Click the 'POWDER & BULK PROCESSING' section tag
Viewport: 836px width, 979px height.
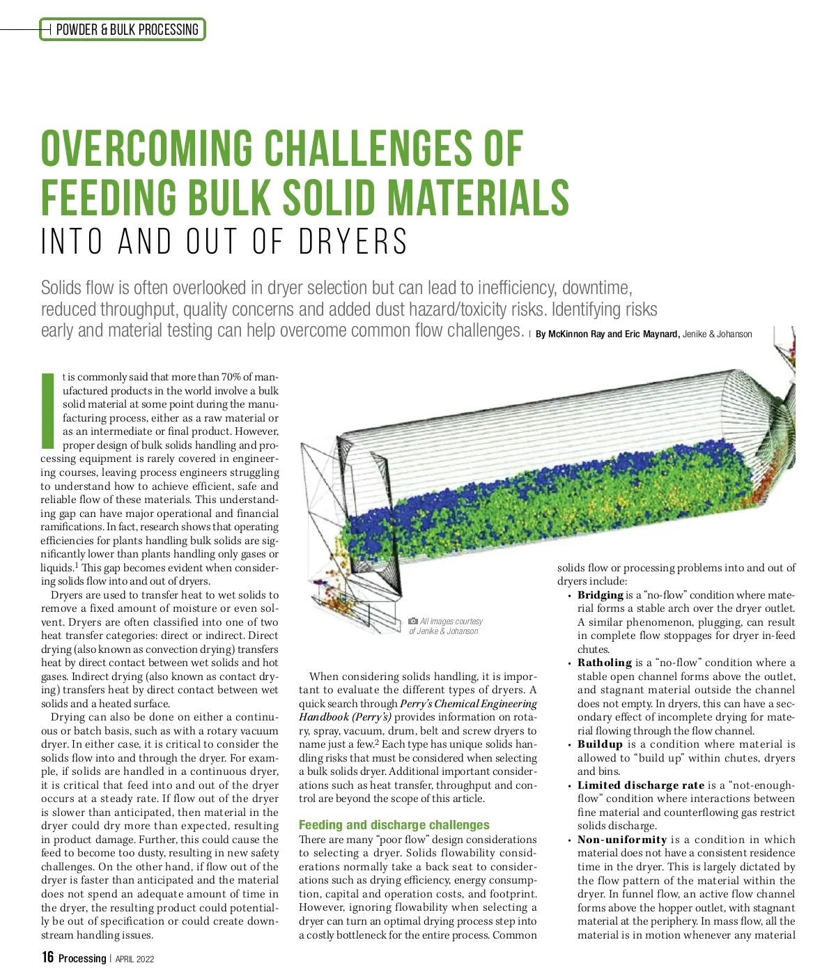127,29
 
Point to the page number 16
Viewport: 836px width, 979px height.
47,957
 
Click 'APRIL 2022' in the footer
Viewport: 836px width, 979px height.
134,959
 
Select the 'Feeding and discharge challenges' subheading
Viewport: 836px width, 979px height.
394,825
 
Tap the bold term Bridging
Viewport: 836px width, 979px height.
600,595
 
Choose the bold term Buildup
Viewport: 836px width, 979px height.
600,744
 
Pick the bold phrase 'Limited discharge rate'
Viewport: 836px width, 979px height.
640,785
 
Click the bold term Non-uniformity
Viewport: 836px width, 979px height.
621,840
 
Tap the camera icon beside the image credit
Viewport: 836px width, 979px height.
413,621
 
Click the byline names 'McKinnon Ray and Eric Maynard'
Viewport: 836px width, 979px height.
607,334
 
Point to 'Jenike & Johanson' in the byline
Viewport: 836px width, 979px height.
717,334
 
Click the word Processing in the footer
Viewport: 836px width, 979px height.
82,958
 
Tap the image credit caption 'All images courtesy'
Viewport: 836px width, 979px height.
451,621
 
